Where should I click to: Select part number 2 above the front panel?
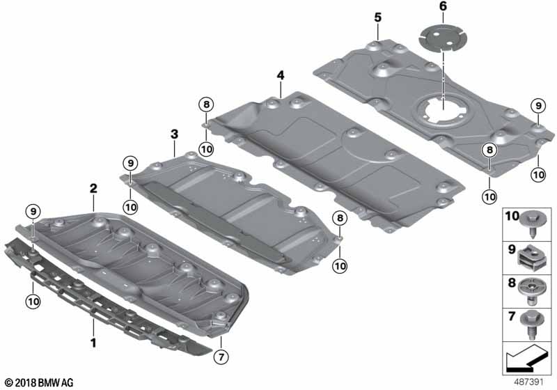pos(93,188)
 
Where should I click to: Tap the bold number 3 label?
pos(174,132)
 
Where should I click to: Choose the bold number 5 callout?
pos(377,16)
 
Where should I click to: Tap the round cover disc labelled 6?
pos(442,38)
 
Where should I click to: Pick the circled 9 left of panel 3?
pos(130,163)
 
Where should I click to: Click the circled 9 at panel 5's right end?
pos(538,106)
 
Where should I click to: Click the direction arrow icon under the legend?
pos(524,360)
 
